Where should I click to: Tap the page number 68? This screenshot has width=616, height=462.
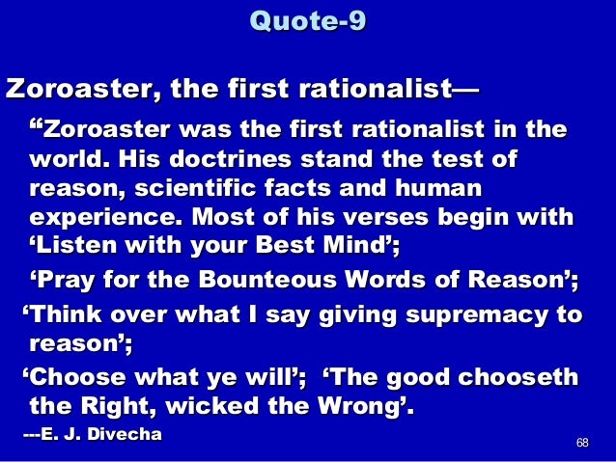click(x=581, y=443)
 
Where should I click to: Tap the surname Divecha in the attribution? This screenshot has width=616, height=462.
click(x=124, y=436)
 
